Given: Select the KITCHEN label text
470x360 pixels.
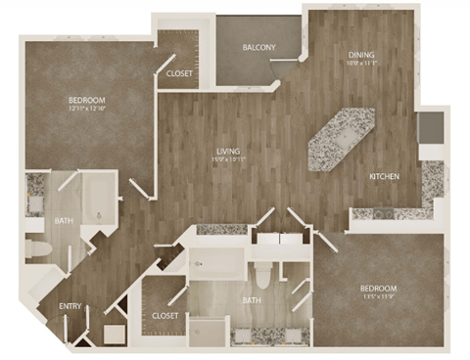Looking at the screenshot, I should pos(383,176).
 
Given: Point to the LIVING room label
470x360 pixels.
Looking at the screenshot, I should pos(230,151).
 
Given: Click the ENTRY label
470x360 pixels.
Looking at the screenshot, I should pos(70,306).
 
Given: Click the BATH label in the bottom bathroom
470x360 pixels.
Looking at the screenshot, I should pos(252,300).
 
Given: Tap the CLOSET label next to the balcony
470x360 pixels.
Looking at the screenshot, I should pos(179,74).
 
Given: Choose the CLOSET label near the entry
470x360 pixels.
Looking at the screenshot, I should pos(164,315).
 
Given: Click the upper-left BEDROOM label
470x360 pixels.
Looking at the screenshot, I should pos(86,101).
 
